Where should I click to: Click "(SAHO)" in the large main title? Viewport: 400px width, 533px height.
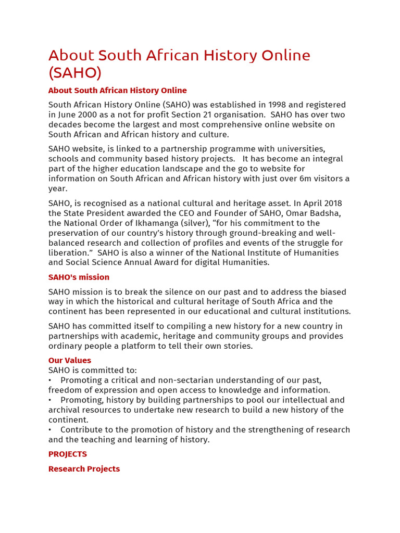click(x=75, y=72)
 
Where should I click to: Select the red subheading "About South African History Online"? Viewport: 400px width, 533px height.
click(x=117, y=91)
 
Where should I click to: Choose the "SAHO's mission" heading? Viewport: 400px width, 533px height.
click(x=79, y=277)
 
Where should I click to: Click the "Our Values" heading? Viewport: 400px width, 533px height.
click(x=70, y=361)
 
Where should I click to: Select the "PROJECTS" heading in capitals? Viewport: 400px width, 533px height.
click(x=68, y=454)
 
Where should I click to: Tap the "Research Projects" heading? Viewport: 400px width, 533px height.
click(x=84, y=469)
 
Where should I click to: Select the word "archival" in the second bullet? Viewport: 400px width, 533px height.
click(x=64, y=410)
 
